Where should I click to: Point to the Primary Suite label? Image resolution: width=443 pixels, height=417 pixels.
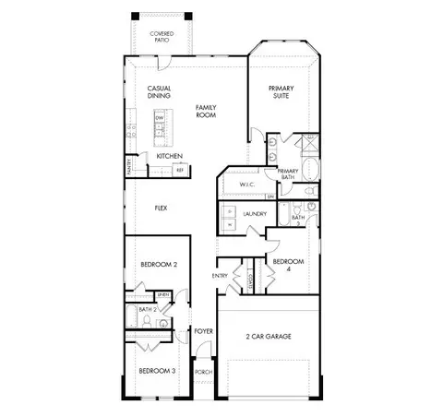click(x=281, y=92)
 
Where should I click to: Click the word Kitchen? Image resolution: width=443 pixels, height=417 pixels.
click(x=169, y=156)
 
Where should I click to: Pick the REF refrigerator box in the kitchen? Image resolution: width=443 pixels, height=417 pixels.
click(x=180, y=170)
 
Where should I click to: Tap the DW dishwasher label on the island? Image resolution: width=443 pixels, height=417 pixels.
click(x=159, y=119)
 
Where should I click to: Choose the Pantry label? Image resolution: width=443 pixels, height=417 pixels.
click(x=129, y=166)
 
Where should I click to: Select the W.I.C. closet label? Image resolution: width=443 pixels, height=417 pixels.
click(x=246, y=185)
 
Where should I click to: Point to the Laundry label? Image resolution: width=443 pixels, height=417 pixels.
click(x=255, y=214)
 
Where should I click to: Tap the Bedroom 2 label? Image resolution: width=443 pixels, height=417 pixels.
click(x=158, y=265)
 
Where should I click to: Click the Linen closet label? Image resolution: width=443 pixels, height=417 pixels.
click(x=162, y=294)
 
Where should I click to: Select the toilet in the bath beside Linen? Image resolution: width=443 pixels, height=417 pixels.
click(x=162, y=325)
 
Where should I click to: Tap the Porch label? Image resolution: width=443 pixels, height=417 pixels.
click(x=204, y=372)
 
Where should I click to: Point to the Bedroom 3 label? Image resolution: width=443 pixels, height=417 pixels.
click(x=157, y=371)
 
